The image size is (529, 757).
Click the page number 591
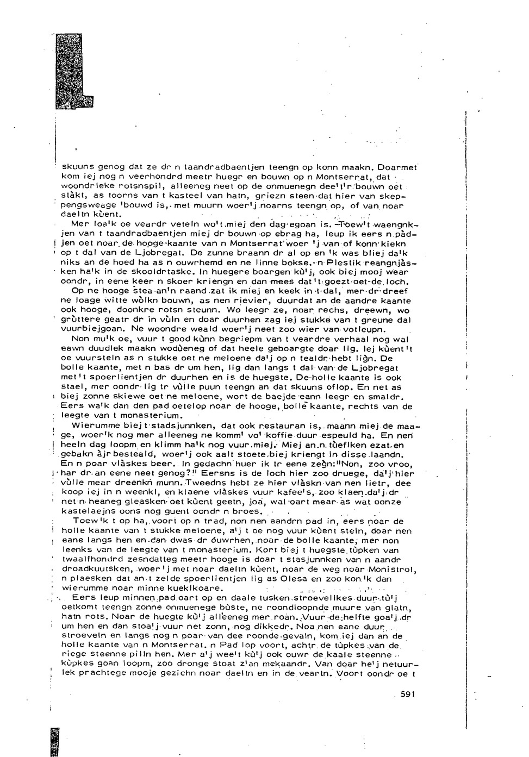(x=407, y=694)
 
